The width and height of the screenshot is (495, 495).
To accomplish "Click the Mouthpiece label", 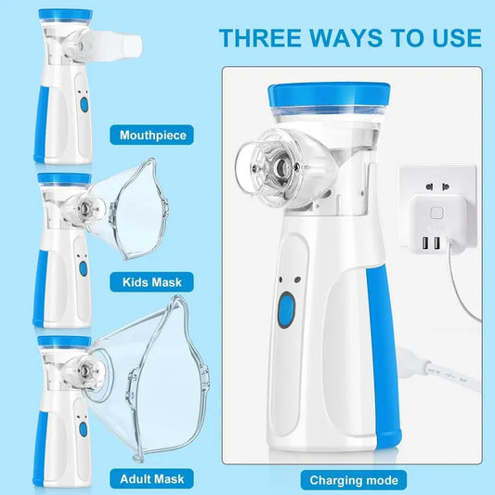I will click(152, 136).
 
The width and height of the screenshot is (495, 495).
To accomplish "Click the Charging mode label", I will click(354, 480).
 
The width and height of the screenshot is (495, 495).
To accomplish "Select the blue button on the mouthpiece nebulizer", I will click(83, 106).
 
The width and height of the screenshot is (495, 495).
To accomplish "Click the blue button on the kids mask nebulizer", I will click(83, 267).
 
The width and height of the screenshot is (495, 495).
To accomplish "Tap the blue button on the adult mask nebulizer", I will click(83, 430).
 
